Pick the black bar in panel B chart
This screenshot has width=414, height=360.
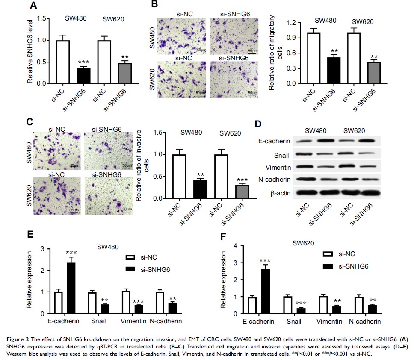(330, 70)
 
